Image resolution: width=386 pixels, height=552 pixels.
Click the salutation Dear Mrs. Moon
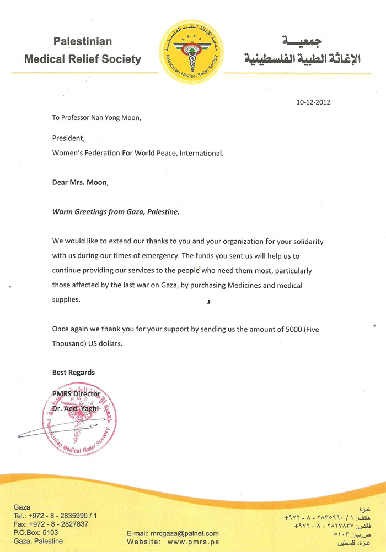[80, 182]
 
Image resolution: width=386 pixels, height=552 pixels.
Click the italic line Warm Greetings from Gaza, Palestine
[116, 211]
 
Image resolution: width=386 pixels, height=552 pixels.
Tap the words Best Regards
[73, 373]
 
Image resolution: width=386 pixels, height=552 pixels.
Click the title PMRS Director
[76, 393]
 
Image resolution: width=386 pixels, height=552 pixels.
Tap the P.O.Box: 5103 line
[36, 532]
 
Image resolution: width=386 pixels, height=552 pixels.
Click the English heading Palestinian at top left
[82, 41]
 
